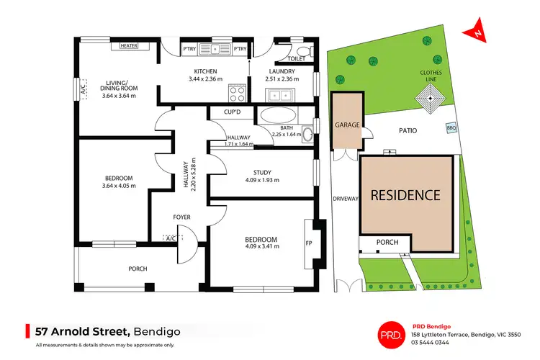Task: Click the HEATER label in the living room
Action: [129, 45]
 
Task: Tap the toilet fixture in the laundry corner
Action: [302, 50]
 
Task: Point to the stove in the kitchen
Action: [237, 92]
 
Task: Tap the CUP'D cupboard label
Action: [232, 112]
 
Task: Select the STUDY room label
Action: [261, 171]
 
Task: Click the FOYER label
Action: [181, 216]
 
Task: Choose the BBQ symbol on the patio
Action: [451, 127]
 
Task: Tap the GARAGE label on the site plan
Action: [346, 124]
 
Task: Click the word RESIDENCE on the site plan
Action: [405, 194]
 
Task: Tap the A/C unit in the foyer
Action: [171, 238]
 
